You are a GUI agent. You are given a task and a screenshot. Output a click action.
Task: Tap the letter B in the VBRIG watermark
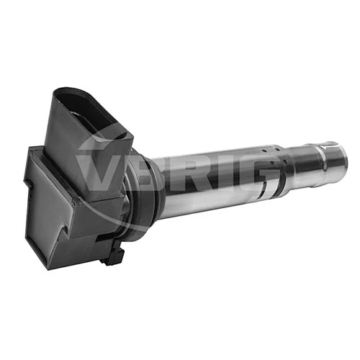tap(142, 174)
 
